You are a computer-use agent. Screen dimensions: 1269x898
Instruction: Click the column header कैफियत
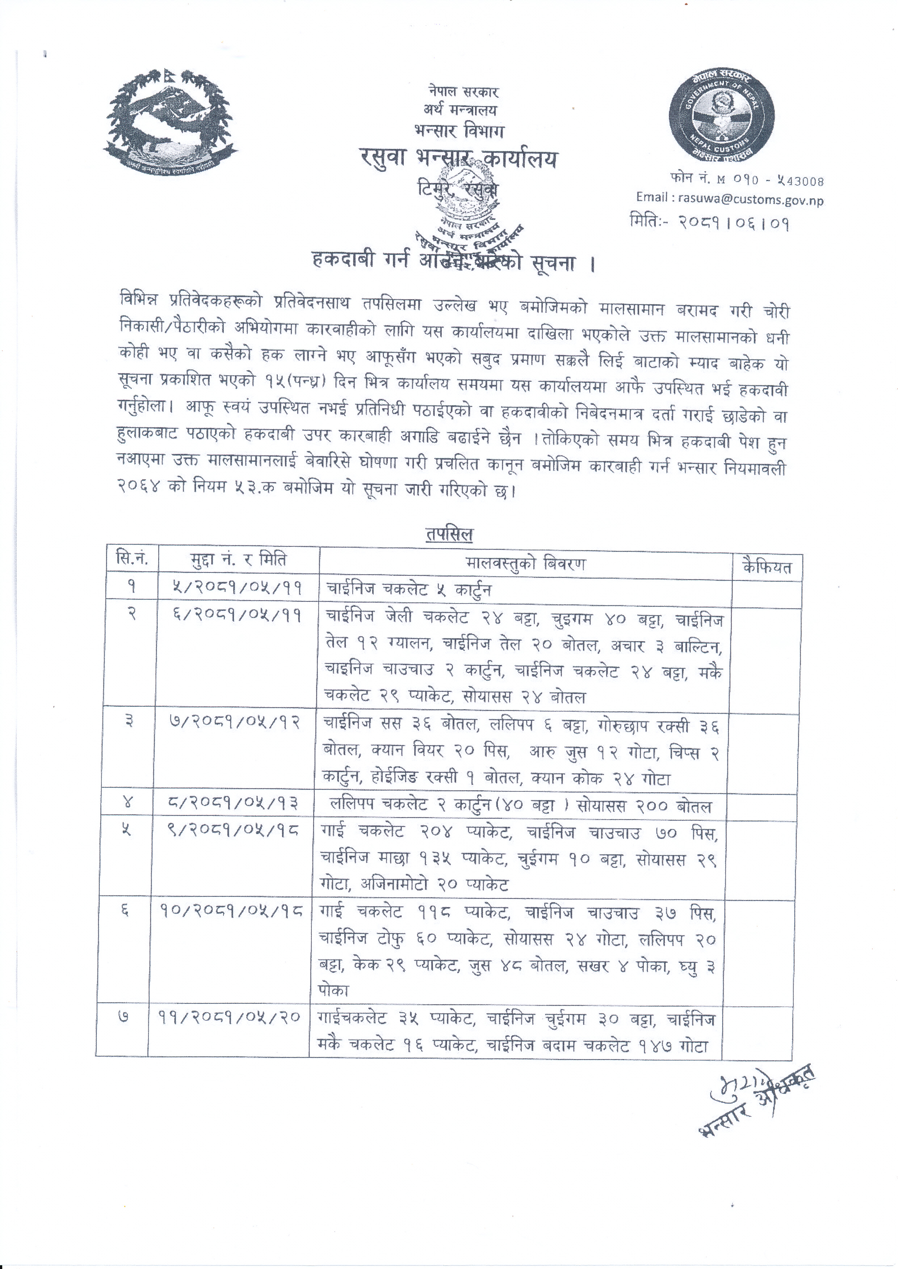[x=767, y=567]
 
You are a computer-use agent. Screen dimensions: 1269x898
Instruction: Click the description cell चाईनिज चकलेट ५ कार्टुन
[x=409, y=589]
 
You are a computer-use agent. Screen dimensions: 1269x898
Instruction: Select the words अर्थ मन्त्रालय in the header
[x=460, y=110]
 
